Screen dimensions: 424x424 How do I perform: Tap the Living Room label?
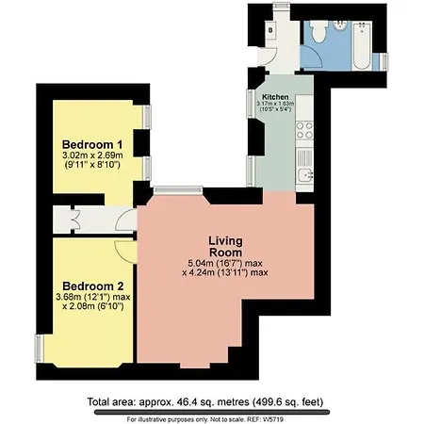(226, 245)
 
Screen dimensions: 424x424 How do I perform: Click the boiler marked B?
(270, 29)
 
